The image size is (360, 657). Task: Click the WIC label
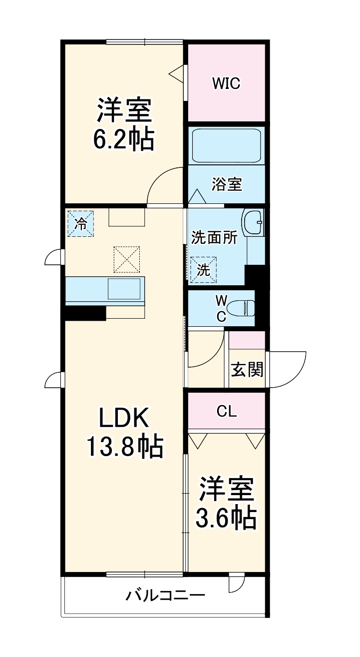[226, 83]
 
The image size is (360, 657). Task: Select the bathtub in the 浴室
[226, 145]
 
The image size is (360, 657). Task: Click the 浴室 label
[227, 184]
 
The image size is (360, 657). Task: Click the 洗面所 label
[214, 238]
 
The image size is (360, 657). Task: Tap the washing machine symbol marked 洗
[203, 270]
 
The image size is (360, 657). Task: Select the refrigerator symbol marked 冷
[80, 223]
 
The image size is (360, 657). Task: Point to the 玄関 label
[247, 370]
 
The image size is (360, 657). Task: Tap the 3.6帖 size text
[226, 518]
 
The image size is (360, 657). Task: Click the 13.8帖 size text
[124, 447]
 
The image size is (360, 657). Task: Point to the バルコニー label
[165, 596]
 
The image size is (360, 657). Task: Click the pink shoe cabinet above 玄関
[247, 340]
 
